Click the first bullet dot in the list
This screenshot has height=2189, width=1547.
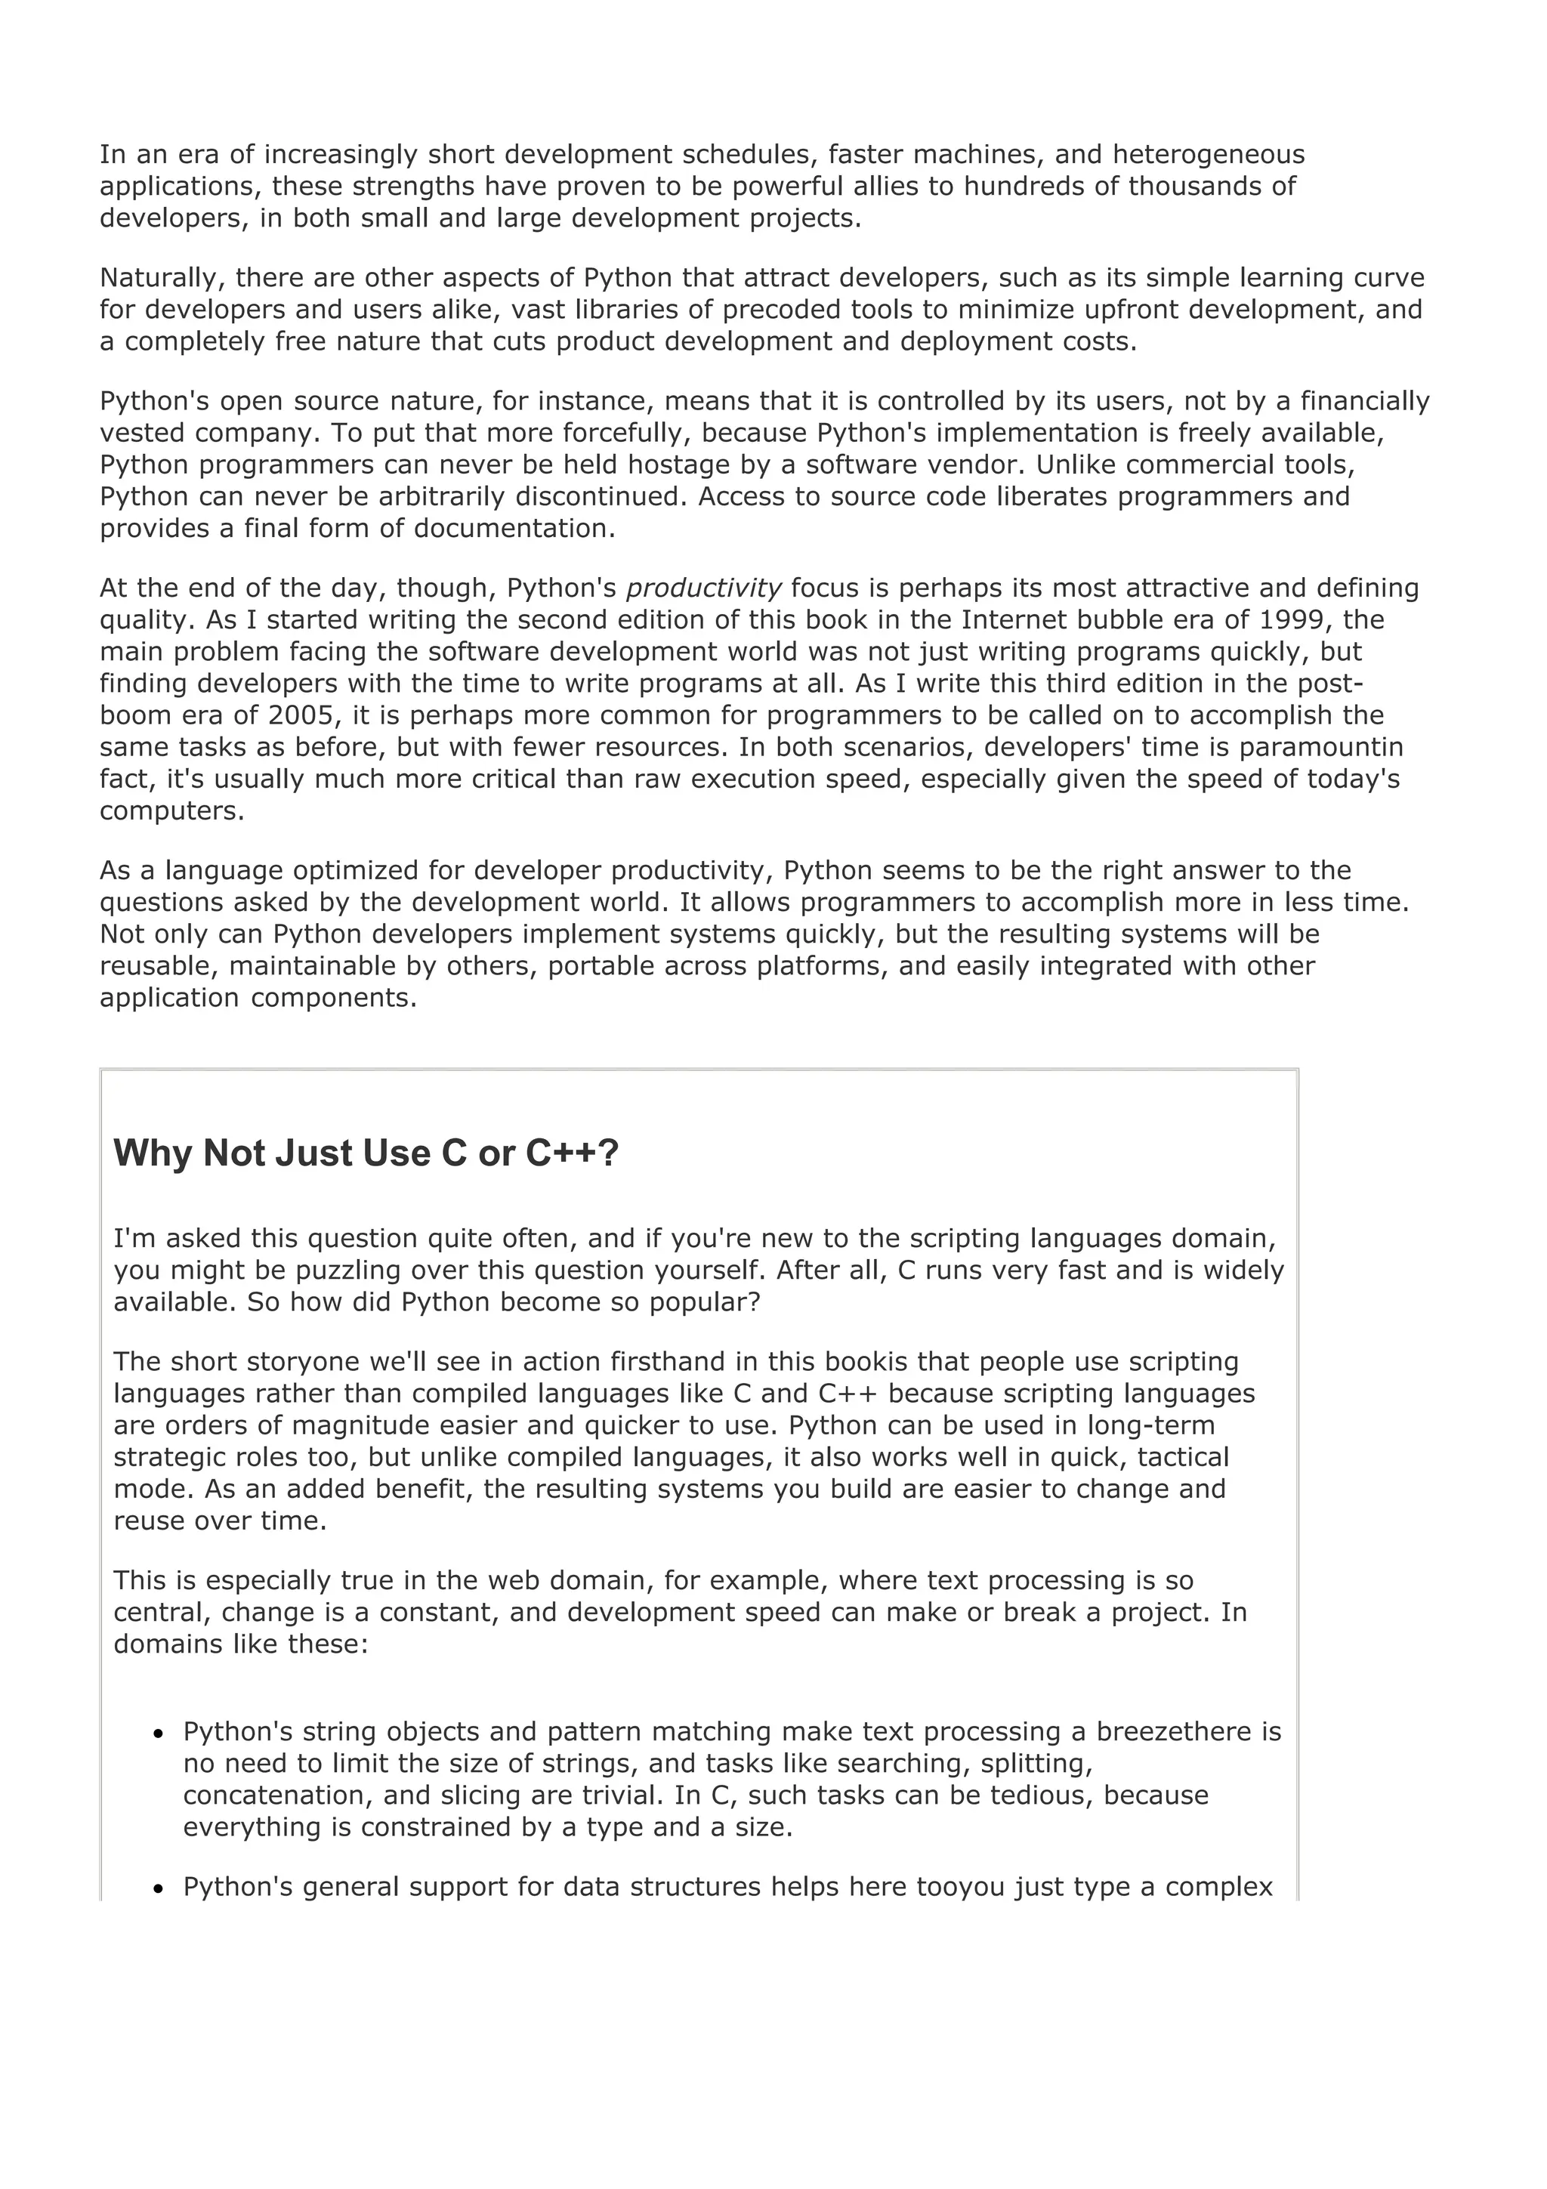pyautogui.click(x=159, y=1734)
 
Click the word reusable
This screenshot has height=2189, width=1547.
pyautogui.click(x=157, y=966)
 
